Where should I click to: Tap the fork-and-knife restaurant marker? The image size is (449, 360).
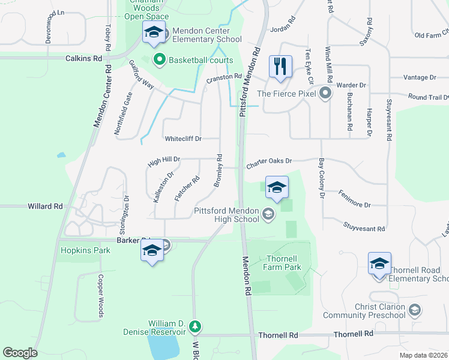(x=280, y=67)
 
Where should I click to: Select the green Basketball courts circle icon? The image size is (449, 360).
(x=160, y=59)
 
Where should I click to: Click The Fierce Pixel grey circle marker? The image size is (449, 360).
(x=325, y=93)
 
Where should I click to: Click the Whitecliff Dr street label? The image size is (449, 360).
(x=183, y=139)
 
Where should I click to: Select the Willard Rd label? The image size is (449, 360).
(x=45, y=206)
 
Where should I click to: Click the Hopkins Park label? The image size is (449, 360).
(x=85, y=250)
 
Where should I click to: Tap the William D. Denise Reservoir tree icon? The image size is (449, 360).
(x=194, y=327)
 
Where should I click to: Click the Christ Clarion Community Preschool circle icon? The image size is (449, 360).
(x=414, y=310)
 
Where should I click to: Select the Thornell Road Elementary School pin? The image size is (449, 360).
(x=379, y=265)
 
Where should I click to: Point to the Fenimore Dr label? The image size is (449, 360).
(x=354, y=205)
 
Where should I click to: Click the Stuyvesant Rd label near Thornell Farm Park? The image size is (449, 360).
(x=364, y=228)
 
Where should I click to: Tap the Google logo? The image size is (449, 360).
(x=20, y=353)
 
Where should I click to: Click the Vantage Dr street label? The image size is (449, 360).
(x=420, y=77)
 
